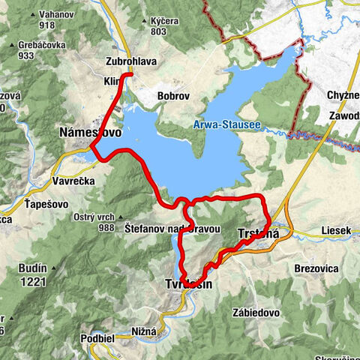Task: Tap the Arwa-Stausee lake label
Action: point(226,124)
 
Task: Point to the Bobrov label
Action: point(171,96)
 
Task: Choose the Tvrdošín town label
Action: point(190,284)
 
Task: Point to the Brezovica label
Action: point(317,268)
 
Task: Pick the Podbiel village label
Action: point(98,338)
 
